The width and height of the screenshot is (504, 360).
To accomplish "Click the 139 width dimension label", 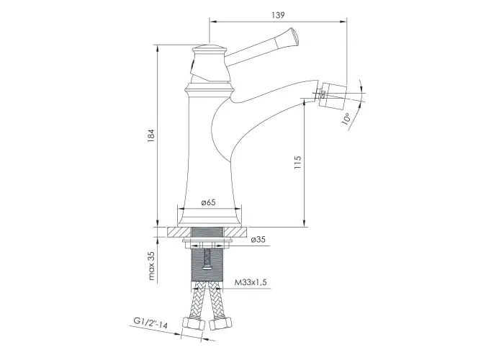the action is (278, 15).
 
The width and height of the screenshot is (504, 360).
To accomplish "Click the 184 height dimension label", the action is (151, 136).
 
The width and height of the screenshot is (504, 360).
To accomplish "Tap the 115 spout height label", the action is (297, 163).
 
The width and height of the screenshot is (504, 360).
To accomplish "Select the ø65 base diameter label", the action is (208, 202).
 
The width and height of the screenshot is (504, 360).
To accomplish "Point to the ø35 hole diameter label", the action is (258, 240).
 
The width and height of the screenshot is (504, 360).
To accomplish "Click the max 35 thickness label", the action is (151, 266).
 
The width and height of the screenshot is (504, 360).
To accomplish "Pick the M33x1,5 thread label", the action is (251, 282).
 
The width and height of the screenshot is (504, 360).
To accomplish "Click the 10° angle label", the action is (346, 119).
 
